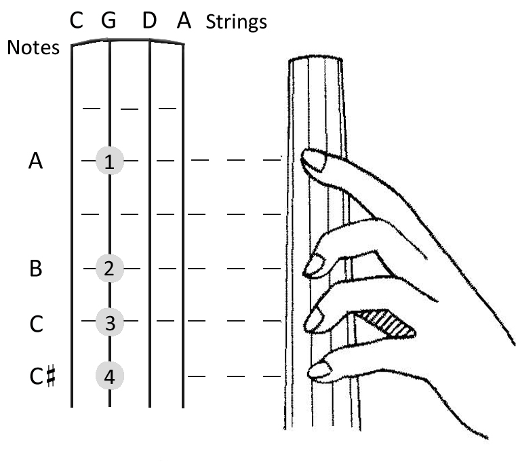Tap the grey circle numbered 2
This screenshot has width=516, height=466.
pyautogui.click(x=109, y=269)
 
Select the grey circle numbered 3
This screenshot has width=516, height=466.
pyautogui.click(x=109, y=320)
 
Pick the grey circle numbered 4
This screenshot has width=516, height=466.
pyautogui.click(x=109, y=375)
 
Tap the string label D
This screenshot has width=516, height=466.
pyautogui.click(x=151, y=22)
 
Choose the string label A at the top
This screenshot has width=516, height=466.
pyautogui.click(x=182, y=22)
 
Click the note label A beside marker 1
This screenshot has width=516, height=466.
pyautogui.click(x=35, y=161)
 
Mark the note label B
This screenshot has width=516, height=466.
pyautogui.click(x=35, y=269)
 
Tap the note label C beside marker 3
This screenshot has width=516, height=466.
pyautogui.click(x=35, y=322)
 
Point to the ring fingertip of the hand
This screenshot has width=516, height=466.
pyautogui.click(x=315, y=320)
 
